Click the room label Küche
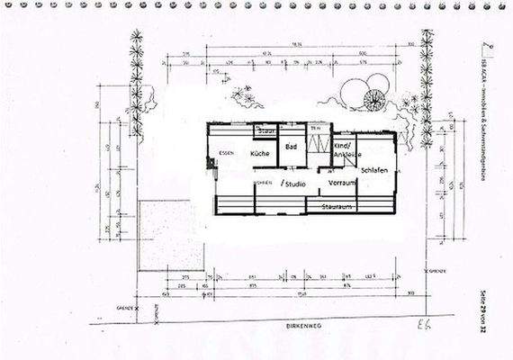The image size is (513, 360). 261,154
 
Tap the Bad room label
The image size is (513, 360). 291,146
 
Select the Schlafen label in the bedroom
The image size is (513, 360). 373,169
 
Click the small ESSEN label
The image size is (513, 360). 227,154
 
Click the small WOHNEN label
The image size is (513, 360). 262,183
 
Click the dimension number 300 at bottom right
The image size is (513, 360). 410,293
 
